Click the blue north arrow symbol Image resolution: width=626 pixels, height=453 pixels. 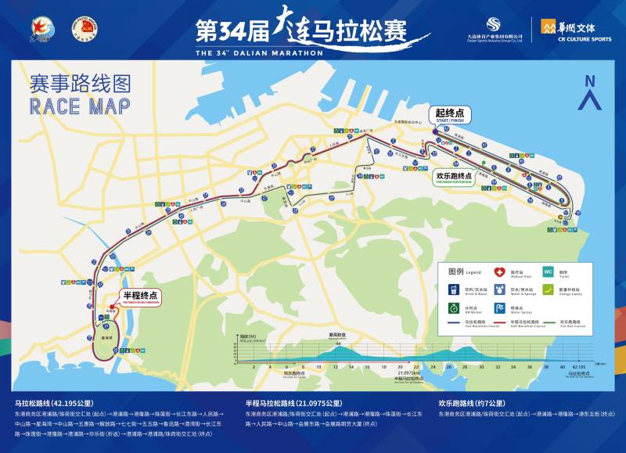pos(590,92)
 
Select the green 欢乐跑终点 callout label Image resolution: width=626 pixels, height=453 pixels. pos(454,177)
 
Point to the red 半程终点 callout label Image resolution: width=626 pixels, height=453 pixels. pos(141,297)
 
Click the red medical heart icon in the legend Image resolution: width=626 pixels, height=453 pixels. pos(498,272)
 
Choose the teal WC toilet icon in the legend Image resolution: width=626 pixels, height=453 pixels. pos(548,272)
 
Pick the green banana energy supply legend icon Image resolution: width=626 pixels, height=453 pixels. pos(548,290)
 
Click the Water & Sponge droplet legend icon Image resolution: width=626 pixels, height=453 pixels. pos(498,290)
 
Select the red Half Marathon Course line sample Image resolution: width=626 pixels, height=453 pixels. pos(498,322)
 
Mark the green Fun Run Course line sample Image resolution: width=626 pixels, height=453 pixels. pos(548,322)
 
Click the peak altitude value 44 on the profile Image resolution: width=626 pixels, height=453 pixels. pos(338,344)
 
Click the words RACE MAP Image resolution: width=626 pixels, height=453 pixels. pos(79,106)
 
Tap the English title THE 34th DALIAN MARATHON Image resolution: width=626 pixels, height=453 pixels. pos(258,53)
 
